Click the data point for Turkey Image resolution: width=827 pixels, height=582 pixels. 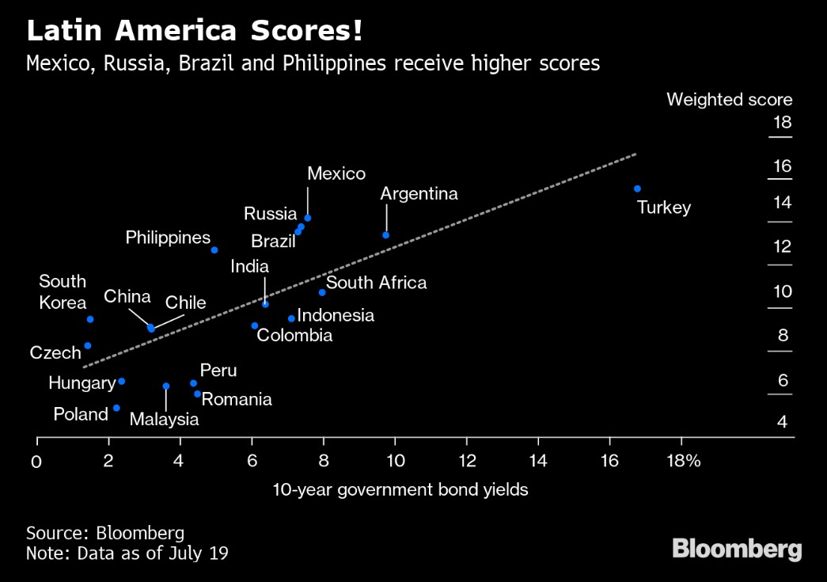point(637,188)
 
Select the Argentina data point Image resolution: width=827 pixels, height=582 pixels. point(386,235)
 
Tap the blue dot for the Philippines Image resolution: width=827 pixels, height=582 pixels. point(214,250)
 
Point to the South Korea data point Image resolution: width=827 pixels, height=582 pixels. point(90,319)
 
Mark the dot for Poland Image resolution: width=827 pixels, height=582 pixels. point(116,408)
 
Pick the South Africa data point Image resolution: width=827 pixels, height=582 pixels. point(322,292)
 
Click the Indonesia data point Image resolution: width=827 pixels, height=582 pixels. point(291,318)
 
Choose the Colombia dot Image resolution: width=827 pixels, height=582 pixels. point(255,325)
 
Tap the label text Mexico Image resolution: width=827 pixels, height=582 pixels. point(336,173)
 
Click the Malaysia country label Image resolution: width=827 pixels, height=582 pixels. point(165,420)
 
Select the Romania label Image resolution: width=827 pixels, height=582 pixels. point(237,399)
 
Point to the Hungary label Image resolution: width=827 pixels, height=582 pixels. point(82,383)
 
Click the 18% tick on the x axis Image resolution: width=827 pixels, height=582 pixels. point(683,461)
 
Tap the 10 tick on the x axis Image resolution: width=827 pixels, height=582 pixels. point(395,461)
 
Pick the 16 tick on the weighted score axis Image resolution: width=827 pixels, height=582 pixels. point(781,166)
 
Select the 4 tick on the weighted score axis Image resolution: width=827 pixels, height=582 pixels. point(782,422)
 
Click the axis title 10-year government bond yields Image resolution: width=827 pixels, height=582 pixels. point(400,490)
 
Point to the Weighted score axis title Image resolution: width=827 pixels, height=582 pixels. point(729,100)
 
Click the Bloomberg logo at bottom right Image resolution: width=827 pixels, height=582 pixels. point(737,549)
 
